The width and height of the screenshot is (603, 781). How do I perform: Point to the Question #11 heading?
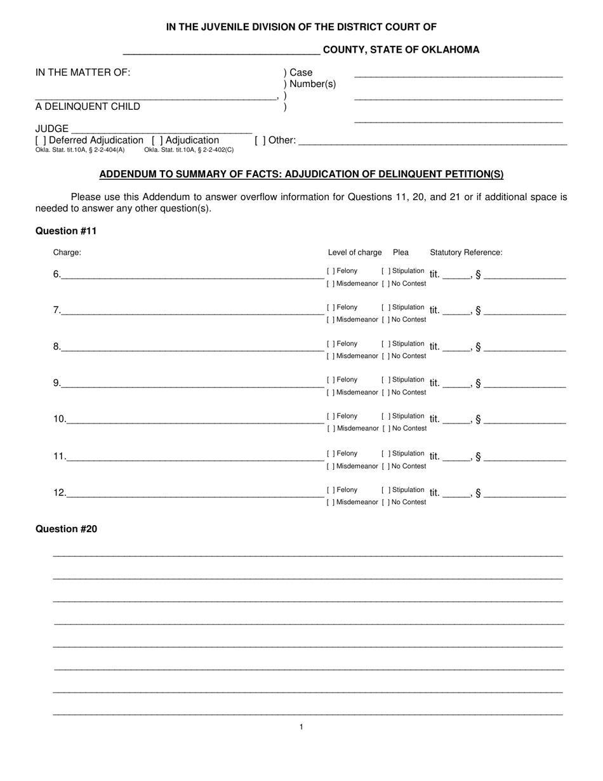[66, 231]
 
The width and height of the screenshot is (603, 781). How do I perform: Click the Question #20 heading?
[66, 529]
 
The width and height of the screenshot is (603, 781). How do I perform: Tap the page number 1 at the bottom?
[301, 727]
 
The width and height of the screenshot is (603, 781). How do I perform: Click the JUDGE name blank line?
[161, 130]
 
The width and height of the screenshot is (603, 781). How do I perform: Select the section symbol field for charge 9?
[524, 384]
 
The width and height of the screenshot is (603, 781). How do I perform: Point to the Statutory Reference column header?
[466, 253]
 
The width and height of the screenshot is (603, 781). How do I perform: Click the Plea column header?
[401, 253]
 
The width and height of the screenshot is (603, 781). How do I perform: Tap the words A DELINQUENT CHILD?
[88, 107]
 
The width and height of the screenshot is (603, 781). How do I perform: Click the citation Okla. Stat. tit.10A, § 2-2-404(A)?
[80, 150]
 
